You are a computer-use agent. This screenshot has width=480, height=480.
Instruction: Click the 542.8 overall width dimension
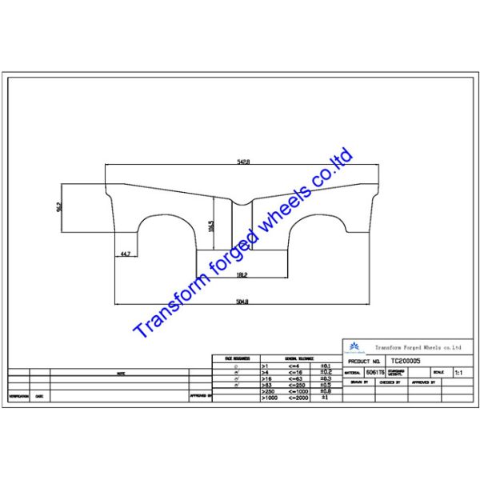(242, 162)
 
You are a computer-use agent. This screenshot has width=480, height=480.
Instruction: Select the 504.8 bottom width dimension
(243, 302)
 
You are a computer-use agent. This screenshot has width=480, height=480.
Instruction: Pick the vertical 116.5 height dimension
(211, 226)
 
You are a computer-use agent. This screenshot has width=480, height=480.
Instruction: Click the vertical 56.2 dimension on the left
(59, 206)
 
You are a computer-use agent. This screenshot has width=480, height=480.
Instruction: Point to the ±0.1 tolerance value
(325, 365)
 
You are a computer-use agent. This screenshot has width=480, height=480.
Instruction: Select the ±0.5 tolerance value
(325, 385)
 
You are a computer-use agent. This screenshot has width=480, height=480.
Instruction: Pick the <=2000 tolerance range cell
(296, 398)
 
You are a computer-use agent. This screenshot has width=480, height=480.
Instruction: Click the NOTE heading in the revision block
(120, 373)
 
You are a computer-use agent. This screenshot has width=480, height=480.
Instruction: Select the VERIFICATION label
(19, 395)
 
